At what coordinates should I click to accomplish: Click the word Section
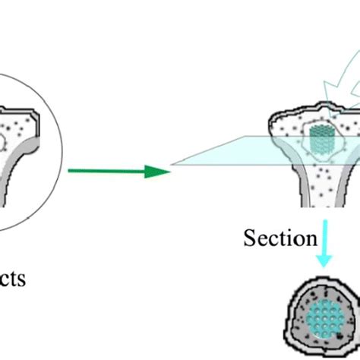click(x=279, y=238)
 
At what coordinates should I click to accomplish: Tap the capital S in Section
click(x=250, y=238)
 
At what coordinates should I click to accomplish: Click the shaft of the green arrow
click(x=106, y=171)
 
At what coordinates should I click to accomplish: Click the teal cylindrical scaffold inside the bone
click(x=322, y=140)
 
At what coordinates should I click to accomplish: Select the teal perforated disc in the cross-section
click(x=326, y=315)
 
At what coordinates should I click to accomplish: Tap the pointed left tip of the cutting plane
click(x=172, y=163)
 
